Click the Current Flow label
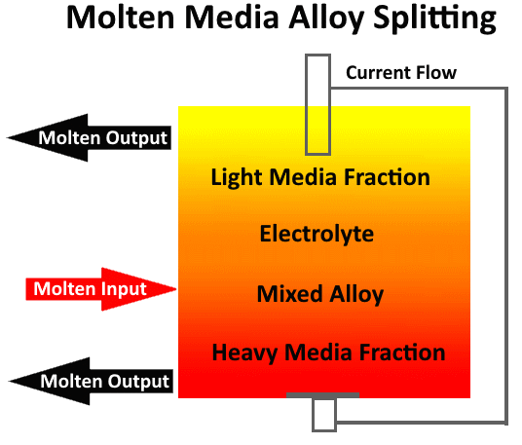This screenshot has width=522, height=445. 400,73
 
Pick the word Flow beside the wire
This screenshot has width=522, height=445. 434,73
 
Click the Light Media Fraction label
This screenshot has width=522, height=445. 320,177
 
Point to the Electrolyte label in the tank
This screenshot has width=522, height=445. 317,235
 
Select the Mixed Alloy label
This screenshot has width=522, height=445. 320,293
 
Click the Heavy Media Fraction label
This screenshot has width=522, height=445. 328,352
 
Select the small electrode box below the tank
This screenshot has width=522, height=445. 323,415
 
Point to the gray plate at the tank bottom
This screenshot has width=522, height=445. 322,395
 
